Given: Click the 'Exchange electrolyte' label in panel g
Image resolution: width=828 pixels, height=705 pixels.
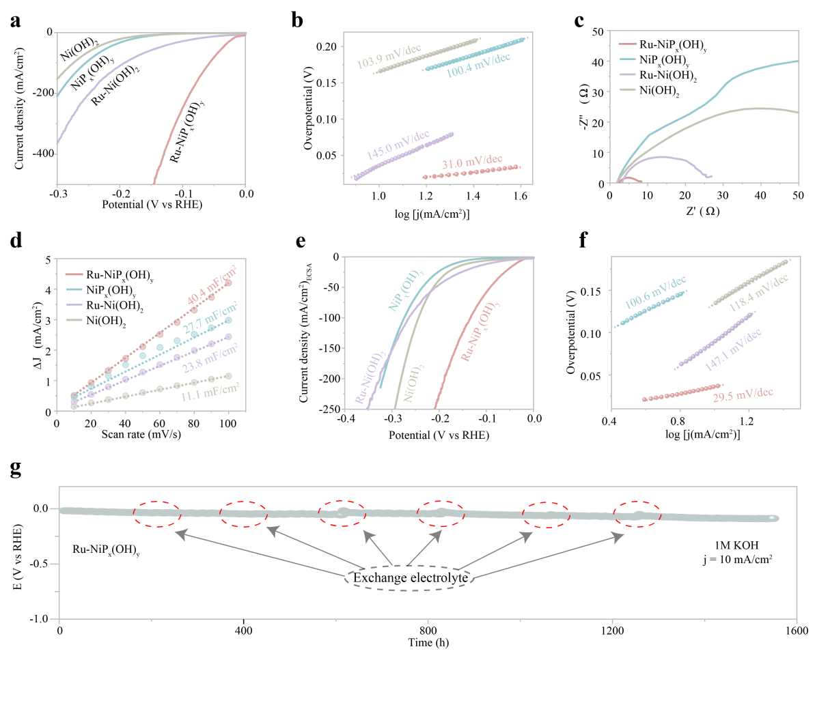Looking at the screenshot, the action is [x=411, y=578].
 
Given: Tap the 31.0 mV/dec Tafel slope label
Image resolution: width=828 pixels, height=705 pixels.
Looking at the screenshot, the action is [x=472, y=161].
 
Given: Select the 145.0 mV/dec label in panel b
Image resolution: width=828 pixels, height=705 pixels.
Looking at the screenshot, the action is [x=398, y=145].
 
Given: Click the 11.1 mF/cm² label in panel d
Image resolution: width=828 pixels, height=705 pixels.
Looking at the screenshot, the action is [x=210, y=392].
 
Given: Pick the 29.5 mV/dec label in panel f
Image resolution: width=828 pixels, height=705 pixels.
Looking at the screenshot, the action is [x=743, y=394].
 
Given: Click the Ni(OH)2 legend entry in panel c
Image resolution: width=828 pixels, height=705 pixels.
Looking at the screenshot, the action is [x=649, y=90].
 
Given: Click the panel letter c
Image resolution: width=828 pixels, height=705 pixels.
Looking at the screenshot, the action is [x=579, y=20].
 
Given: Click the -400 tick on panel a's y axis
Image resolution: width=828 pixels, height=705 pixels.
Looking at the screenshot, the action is [x=43, y=154].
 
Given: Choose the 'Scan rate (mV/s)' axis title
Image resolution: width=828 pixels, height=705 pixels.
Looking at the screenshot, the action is [x=141, y=434].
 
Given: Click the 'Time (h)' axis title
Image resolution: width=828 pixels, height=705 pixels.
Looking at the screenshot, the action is [x=428, y=643].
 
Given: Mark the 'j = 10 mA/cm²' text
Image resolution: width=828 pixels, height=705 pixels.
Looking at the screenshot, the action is [x=738, y=559].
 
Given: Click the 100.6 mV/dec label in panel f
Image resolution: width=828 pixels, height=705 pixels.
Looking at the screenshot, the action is [x=655, y=292].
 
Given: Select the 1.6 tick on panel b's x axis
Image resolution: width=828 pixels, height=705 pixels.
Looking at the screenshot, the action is [x=521, y=196].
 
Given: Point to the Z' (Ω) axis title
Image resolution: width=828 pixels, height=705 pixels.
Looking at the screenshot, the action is [x=702, y=211].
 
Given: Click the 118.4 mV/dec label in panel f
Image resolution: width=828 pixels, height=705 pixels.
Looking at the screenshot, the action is [x=759, y=293].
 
